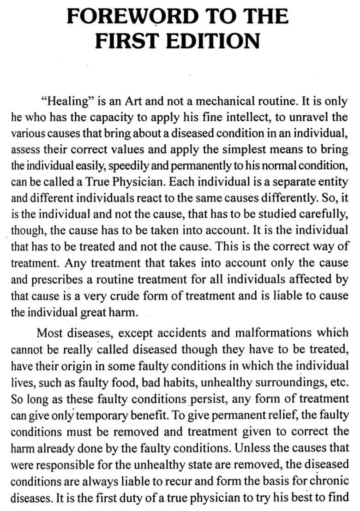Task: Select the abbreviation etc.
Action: tap(340, 382)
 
